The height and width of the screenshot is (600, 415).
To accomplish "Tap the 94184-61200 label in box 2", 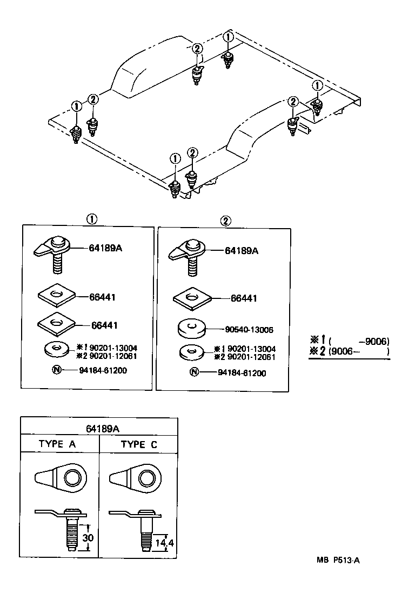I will click(242, 373).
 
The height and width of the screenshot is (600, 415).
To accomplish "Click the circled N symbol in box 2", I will click(194, 372).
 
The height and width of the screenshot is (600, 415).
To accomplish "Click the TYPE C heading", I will click(139, 444).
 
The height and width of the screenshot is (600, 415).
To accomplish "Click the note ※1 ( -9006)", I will click(349, 341).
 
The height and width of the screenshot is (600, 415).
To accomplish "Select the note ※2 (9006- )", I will click(349, 351).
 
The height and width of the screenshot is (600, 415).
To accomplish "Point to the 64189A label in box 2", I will click(242, 251).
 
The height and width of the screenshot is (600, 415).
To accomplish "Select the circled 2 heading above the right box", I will click(225, 221).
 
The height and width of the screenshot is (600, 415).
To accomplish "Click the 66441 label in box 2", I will click(244, 298).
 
